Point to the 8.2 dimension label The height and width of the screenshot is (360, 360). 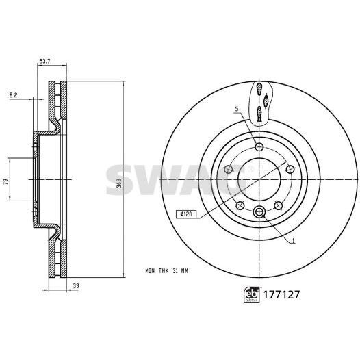(x=14, y=94)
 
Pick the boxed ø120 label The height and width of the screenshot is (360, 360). (x=184, y=214)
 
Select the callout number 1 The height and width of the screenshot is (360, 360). (x=293, y=242)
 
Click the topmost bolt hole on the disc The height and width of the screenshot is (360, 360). (x=258, y=146)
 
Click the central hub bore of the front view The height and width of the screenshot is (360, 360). (x=259, y=179)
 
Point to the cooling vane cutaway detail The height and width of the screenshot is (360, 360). (x=259, y=103)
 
